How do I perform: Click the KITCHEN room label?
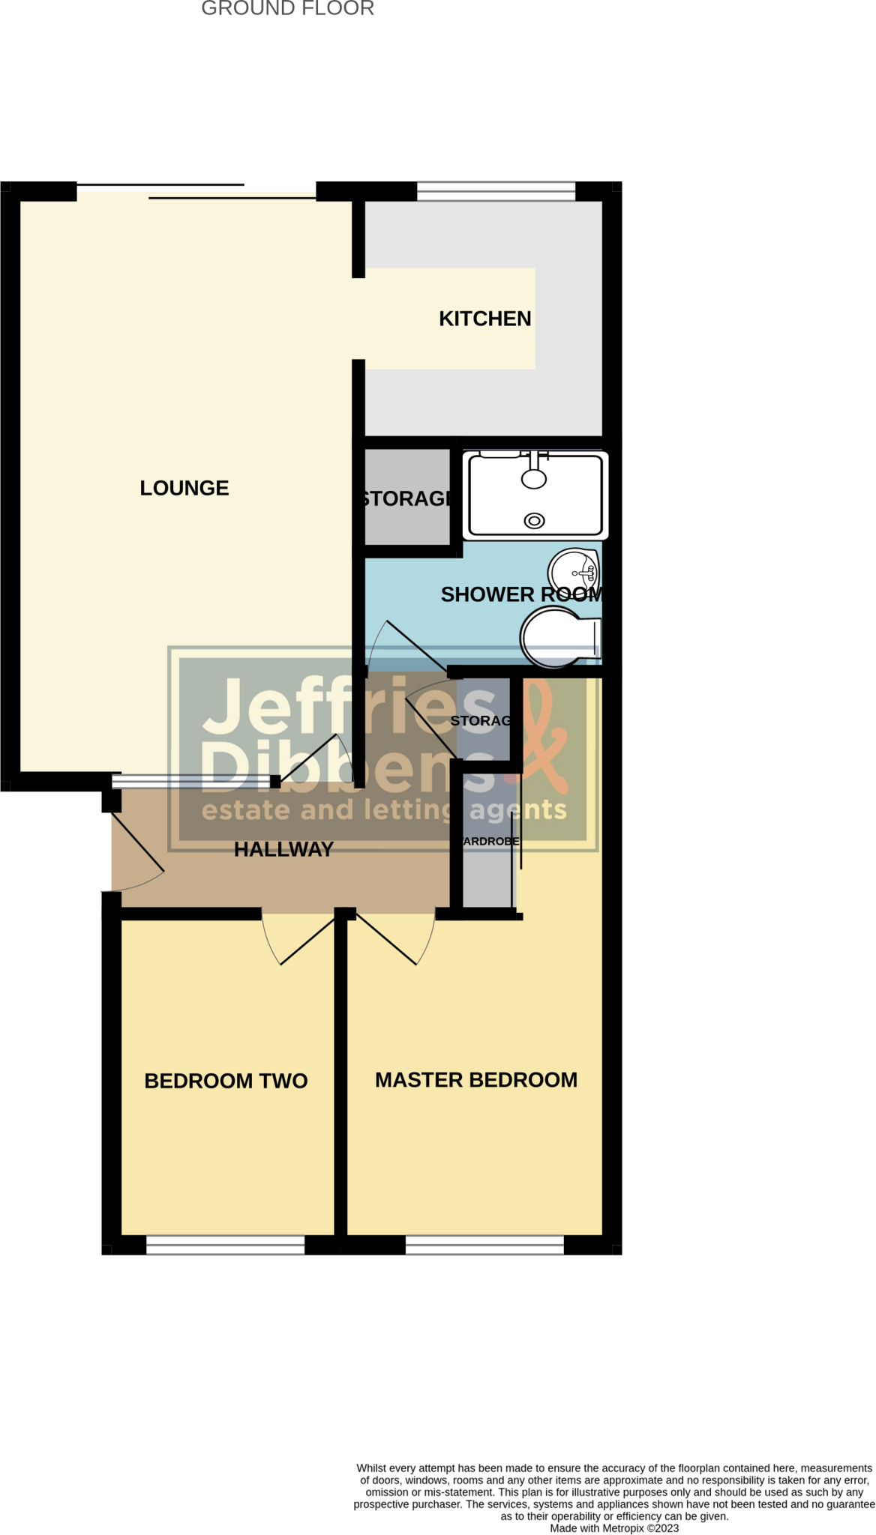(484, 319)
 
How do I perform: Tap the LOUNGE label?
(184, 488)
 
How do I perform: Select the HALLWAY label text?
(283, 849)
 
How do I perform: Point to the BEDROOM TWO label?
(226, 1081)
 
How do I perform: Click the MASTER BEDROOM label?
(476, 1080)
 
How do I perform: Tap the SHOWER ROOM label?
(521, 594)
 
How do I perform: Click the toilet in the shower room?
(559, 637)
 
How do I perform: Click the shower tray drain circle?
(534, 521)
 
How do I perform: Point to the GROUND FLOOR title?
(288, 9)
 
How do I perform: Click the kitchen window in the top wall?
(496, 191)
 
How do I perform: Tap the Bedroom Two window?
(225, 1245)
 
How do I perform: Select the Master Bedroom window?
(484, 1245)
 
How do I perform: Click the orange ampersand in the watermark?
(544, 735)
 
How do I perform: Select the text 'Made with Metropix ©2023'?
(614, 1528)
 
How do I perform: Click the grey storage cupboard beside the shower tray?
(406, 498)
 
